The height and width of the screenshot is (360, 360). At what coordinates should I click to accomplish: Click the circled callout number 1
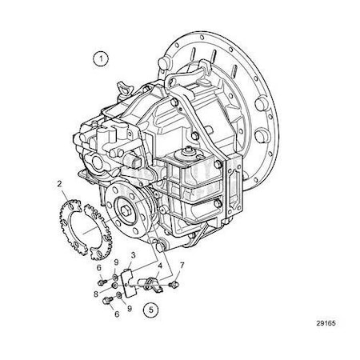click(101, 59)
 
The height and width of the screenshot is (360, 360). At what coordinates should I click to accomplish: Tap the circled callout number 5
click(151, 310)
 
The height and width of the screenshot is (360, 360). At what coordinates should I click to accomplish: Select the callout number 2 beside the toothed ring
click(59, 183)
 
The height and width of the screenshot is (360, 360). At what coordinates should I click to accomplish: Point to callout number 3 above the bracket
click(133, 255)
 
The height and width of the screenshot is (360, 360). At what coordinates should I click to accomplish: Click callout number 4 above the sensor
click(160, 266)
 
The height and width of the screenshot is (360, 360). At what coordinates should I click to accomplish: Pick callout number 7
click(182, 266)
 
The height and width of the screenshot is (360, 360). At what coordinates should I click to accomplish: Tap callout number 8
click(96, 294)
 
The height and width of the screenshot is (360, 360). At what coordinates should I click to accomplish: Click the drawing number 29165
click(326, 323)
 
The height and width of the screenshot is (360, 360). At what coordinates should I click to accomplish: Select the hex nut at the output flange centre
click(125, 210)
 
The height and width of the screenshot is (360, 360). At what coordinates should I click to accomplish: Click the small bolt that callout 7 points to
click(174, 285)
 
